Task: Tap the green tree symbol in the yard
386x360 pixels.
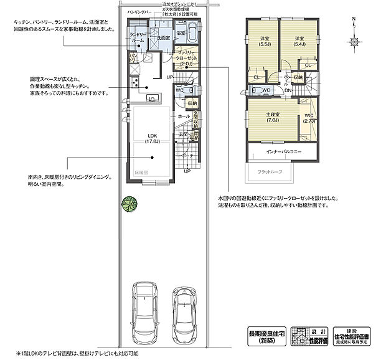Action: coord(129,204)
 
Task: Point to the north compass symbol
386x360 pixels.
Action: coord(354,40)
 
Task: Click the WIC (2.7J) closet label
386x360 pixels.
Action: coord(309,118)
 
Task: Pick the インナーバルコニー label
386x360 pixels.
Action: coord(284,152)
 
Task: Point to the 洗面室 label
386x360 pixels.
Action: coord(163,38)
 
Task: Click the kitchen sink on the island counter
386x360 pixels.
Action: coord(151,98)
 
